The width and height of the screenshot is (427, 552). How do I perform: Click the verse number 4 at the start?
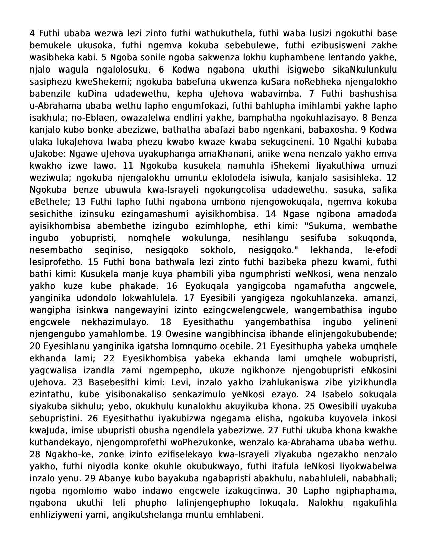tap(32, 33)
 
